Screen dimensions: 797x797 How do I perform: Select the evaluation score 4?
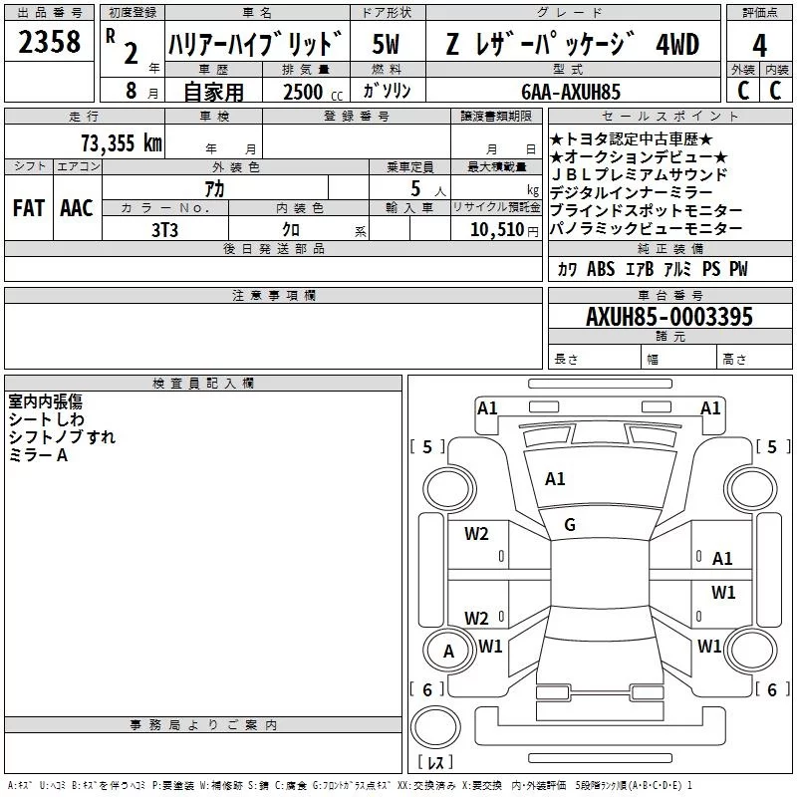pyautogui.click(x=759, y=45)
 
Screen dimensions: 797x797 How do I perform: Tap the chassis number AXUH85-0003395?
pyautogui.click(x=669, y=318)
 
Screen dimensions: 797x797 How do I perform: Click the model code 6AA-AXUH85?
pyautogui.click(x=571, y=92)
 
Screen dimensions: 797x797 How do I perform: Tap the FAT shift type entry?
pyautogui.click(x=28, y=208)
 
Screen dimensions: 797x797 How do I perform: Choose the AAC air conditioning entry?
pyautogui.click(x=76, y=208)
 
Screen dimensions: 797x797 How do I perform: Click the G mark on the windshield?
pyautogui.click(x=570, y=525)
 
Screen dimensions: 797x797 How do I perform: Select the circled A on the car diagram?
pyautogui.click(x=448, y=652)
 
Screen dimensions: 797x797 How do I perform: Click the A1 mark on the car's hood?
pyautogui.click(x=555, y=479)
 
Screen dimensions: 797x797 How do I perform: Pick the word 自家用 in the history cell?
pyautogui.click(x=213, y=92)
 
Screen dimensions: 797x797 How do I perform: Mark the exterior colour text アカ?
pyautogui.click(x=214, y=188)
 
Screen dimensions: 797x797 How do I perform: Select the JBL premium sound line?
pyautogui.click(x=639, y=175)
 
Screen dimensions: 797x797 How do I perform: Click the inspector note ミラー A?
pyautogui.click(x=38, y=454)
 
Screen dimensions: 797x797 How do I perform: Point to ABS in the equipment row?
pyautogui.click(x=601, y=270)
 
